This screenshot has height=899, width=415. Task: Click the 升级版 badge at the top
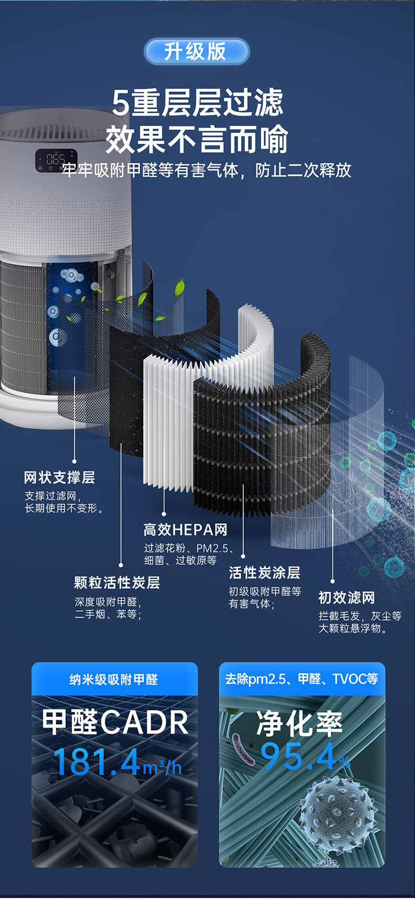196,51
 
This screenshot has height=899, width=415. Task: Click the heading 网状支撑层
59,477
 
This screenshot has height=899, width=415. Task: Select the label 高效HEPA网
185,529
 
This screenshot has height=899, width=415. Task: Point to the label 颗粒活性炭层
117,582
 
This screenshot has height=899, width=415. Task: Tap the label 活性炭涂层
264,572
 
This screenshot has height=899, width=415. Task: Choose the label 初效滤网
347,598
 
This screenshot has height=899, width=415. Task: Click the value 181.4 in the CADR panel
97,762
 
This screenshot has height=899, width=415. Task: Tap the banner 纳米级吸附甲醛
114,680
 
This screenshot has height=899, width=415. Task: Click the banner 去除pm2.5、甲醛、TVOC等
302,679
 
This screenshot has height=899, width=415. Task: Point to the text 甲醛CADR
115,722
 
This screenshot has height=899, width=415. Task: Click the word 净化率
299,724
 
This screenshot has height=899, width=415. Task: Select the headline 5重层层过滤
198,102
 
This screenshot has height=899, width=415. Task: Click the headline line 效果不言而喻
197,139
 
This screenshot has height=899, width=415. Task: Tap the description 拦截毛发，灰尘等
360,616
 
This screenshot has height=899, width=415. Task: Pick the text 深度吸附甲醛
108,602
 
